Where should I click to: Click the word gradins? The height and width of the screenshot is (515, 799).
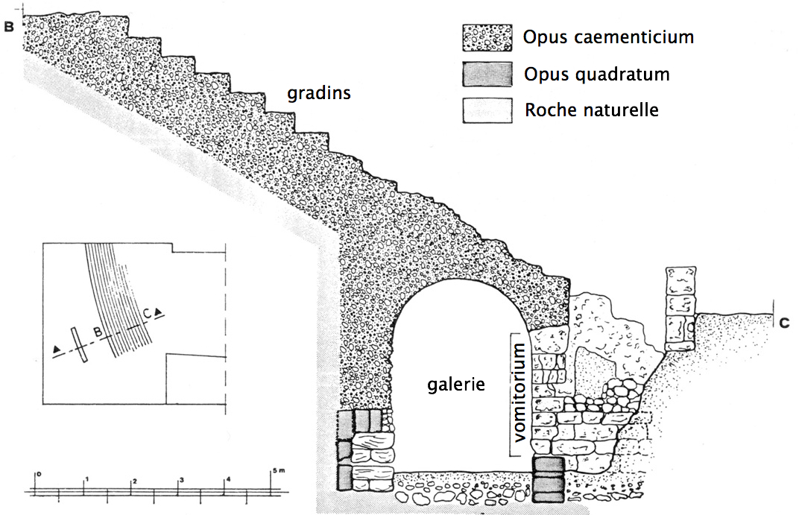320,95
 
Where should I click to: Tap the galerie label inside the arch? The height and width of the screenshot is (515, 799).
456,385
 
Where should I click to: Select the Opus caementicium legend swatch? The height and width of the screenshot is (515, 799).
487,37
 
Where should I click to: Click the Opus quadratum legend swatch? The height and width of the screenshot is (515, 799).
487,75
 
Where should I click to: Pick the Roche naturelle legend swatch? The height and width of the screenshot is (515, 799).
487,110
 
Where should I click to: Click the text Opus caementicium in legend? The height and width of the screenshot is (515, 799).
608,37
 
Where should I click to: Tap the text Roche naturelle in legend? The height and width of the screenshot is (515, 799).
592,110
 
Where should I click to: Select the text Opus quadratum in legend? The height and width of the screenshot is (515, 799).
596,75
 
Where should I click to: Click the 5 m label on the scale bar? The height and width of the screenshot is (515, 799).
278,470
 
